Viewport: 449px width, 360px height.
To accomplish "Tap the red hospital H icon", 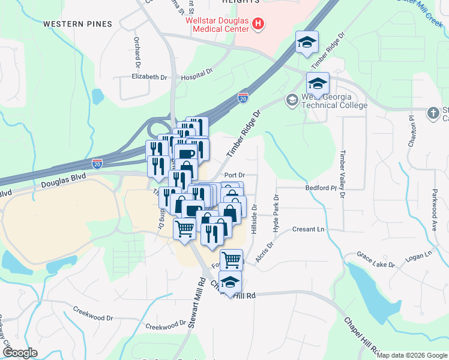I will [x=258, y=24].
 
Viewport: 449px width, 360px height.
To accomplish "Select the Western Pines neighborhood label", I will [x=77, y=24].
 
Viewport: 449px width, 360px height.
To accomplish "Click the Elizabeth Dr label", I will [x=149, y=77].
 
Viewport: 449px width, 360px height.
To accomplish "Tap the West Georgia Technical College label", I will [x=334, y=101].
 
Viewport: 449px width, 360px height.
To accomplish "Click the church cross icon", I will [x=433, y=112].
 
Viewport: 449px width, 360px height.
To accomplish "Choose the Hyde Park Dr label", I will [x=276, y=214].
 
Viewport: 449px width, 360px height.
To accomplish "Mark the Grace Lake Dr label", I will [x=375, y=260].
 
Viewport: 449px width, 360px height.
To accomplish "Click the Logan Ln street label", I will [x=420, y=256].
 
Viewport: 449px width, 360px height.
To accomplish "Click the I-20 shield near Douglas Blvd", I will [x=97, y=163].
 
